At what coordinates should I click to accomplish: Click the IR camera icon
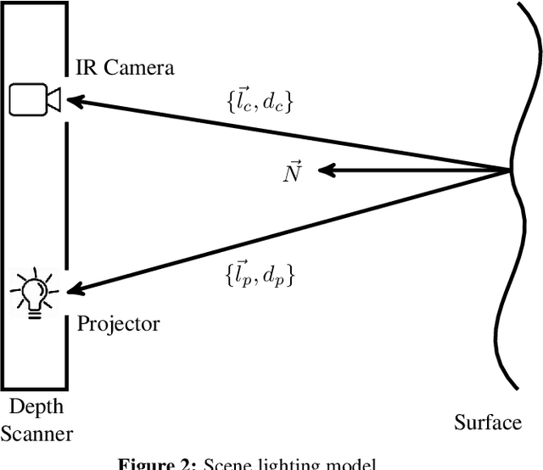coord(34,100)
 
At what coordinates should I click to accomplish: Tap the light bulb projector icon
coord(34,293)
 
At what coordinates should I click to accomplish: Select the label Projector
coord(118,323)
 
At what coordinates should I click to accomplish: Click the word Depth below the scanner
coord(36,408)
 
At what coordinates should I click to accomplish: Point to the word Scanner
coord(36,434)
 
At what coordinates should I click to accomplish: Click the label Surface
coord(488,422)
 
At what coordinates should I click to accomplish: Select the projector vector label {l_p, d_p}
coord(260,275)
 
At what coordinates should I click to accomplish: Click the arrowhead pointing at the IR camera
coord(74,102)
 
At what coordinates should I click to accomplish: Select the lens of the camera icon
coord(53,100)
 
